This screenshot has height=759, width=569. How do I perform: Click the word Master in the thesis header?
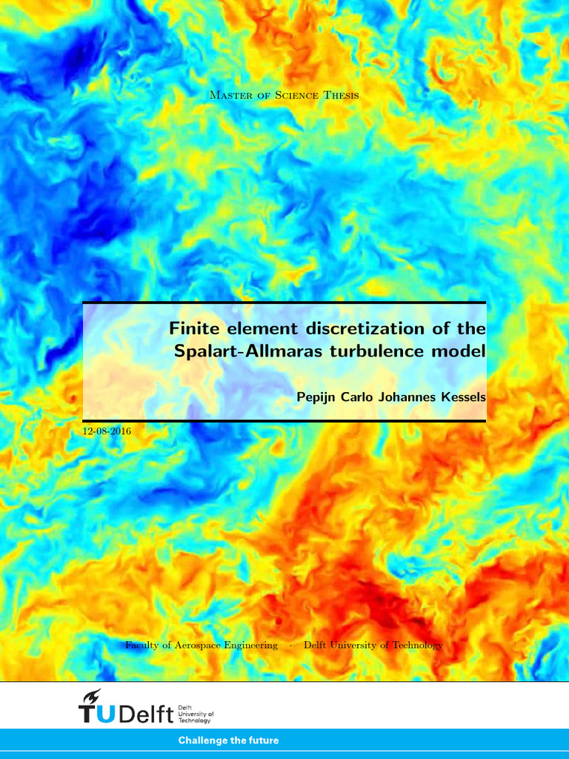[x=230, y=95]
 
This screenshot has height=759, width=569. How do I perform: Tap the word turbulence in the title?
[x=370, y=351]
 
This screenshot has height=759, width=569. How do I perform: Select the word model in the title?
[x=459, y=351]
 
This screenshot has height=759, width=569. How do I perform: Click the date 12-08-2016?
[x=107, y=431]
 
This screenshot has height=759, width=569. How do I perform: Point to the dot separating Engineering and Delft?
[x=290, y=645]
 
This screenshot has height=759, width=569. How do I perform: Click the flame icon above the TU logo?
[x=93, y=697]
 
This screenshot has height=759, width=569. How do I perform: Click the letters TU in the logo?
[x=96, y=714]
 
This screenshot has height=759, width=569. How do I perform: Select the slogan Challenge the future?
[x=228, y=740]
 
